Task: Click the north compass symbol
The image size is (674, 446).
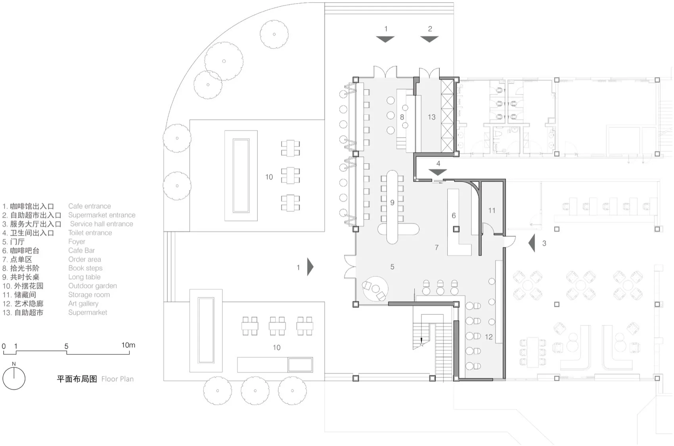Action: [14, 376]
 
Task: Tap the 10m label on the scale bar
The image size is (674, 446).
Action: [128, 345]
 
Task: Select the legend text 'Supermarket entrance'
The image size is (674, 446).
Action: [102, 215]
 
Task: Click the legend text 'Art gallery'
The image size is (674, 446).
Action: [83, 303]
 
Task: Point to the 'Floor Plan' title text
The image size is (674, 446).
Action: [117, 379]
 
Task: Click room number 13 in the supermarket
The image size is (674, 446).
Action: [431, 117]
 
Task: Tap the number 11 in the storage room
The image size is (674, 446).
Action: [492, 210]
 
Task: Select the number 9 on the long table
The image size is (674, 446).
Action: [392, 202]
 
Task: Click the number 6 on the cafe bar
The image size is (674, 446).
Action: [454, 215]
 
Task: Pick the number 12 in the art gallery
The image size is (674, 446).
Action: [488, 337]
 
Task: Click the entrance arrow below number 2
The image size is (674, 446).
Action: [429, 39]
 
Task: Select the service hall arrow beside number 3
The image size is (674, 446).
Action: [532, 243]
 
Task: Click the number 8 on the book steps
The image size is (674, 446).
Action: [402, 117]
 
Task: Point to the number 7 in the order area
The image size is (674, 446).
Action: [437, 247]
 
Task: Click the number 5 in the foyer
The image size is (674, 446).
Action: [392, 267]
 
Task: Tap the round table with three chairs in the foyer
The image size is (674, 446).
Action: [375, 289]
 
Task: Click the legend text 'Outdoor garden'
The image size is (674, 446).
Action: [92, 286]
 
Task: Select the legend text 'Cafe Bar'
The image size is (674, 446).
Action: [82, 250]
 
